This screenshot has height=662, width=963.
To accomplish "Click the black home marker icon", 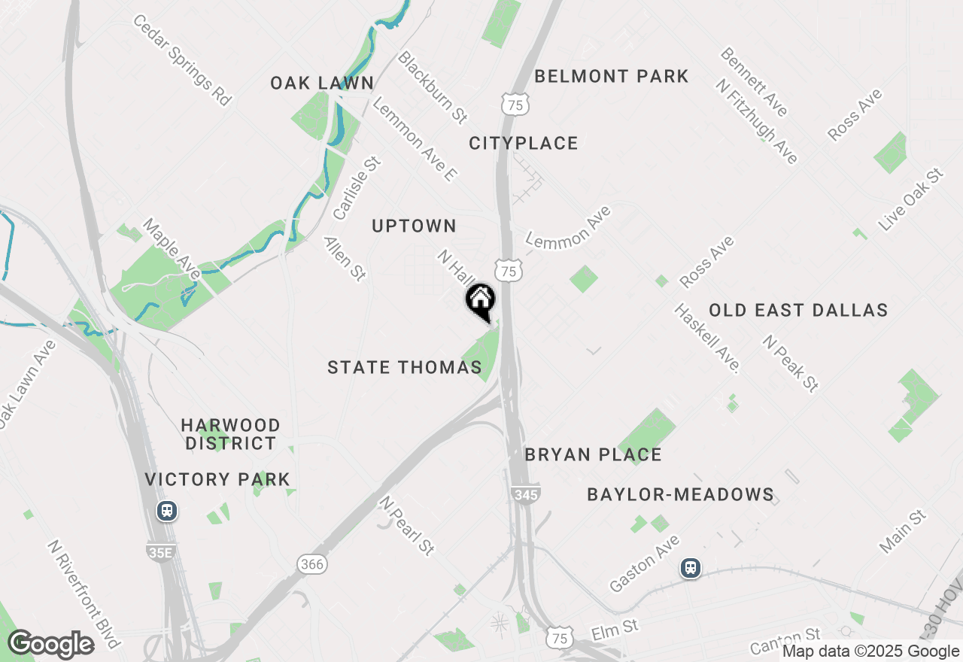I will tap(480, 301).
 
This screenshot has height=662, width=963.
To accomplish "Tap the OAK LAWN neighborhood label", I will tap(322, 83).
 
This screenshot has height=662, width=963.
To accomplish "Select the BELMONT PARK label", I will tap(611, 76).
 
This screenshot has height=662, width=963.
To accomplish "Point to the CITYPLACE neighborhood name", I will tap(523, 143).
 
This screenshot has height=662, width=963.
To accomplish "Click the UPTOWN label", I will tap(414, 226).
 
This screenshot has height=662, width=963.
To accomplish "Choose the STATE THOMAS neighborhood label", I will tap(404, 367).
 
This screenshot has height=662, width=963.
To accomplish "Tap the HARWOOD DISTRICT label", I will tap(230, 434).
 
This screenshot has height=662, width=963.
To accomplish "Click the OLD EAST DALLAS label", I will tap(798, 310).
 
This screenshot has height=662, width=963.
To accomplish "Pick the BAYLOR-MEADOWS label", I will tap(680, 494).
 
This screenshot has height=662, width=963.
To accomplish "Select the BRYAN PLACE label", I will tap(593, 454).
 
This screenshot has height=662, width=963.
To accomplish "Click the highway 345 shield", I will tap(524, 494).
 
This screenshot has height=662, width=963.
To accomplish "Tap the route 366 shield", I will tap(311, 563).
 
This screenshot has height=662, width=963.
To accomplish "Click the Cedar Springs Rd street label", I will tap(181, 59).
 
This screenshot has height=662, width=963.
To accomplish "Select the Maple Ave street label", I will tap(172, 248).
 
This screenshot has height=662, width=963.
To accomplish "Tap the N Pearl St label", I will tap(407, 525).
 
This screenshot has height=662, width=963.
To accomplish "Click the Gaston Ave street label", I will tap(645, 563).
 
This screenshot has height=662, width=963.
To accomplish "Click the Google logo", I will tap(50, 644).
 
